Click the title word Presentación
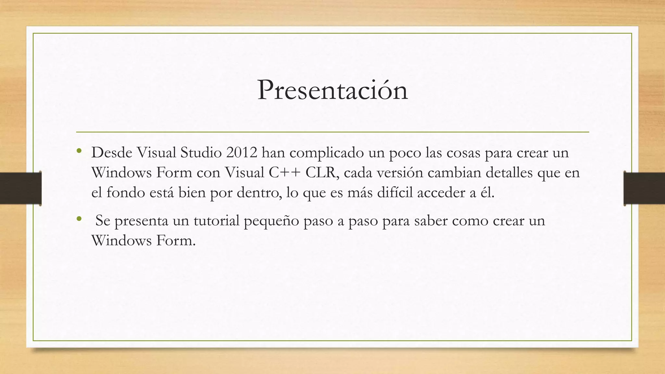tap(332, 91)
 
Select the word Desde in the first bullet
tap(111, 153)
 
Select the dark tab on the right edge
tap(644, 188)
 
